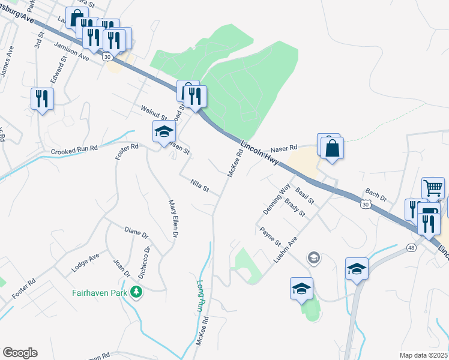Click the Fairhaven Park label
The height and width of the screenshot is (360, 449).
coord(101,293)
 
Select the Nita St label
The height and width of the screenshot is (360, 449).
coord(199,187)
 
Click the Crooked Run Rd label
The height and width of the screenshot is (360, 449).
coord(74,151)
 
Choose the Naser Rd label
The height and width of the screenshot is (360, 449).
coord(284,148)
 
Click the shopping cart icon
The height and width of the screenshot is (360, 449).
coord(433,188)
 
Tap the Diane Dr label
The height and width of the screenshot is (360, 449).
coord(136,232)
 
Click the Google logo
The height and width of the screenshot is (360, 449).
coord(20,353)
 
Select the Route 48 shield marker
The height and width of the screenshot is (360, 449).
coord(411,247)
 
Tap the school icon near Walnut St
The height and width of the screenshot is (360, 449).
coord(163,133)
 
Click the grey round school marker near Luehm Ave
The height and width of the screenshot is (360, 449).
coord(313,258)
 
